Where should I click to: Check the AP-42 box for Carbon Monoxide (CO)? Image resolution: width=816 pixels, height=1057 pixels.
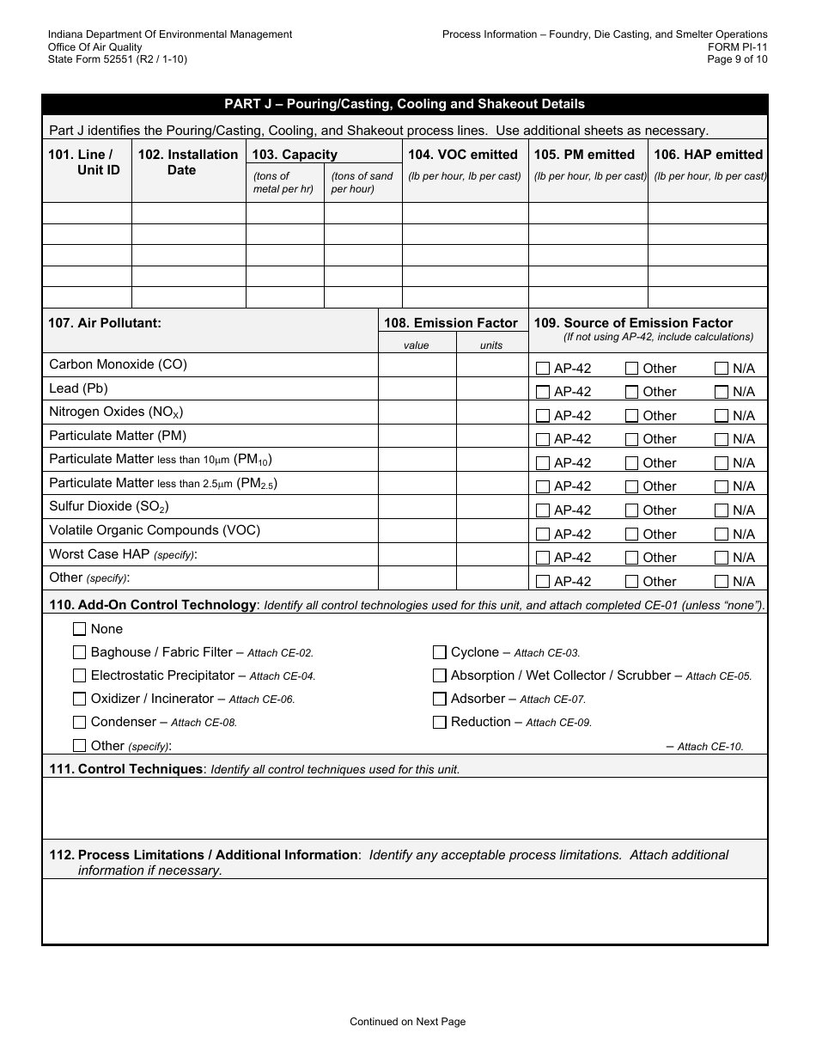pos(543,369)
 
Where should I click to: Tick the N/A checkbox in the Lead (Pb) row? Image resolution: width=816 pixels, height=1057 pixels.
pos(722,392)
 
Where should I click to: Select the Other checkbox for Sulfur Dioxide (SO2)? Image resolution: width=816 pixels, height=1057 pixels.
pos(631,510)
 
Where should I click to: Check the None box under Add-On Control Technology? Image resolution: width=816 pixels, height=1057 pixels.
pos(80,629)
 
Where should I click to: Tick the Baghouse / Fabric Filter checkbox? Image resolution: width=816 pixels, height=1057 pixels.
pos(80,652)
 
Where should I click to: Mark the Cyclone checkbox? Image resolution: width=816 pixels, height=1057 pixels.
pos(440,652)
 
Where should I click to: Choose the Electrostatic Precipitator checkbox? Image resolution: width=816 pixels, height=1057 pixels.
pos(80,675)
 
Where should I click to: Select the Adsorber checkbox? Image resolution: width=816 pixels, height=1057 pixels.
pos(440,699)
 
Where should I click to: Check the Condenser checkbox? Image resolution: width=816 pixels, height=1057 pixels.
pos(80,722)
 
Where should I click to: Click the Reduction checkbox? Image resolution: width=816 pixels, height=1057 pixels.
pos(440,722)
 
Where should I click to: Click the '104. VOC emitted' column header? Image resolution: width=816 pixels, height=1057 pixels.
pos(463,155)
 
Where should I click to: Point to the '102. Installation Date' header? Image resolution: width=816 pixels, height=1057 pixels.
pos(188,162)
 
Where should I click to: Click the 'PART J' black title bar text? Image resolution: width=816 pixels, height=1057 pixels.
pos(405,104)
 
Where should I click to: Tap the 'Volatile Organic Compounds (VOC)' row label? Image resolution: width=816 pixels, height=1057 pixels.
pos(155,530)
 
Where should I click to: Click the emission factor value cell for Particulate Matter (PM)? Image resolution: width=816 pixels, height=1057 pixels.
pos(417,437)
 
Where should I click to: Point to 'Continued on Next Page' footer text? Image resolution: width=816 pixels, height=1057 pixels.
pos(407,1022)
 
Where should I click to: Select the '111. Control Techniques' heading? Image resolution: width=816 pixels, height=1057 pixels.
pos(126,769)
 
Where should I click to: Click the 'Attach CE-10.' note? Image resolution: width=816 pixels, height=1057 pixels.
pos(710,747)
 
